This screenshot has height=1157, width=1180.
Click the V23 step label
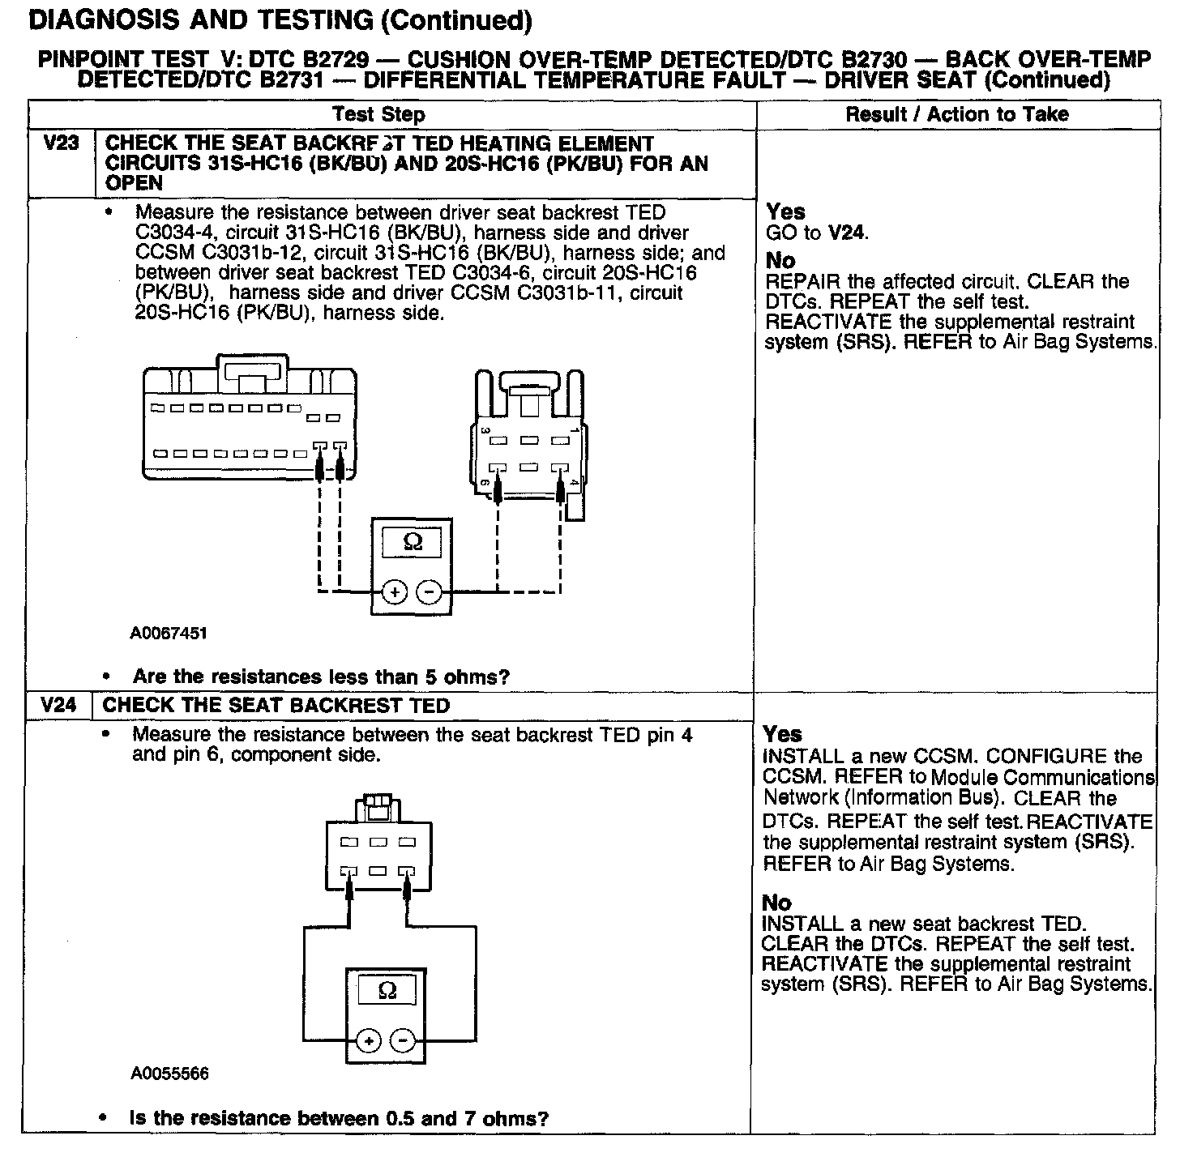pyautogui.click(x=61, y=144)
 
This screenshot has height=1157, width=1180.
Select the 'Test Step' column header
pyautogui.click(x=378, y=114)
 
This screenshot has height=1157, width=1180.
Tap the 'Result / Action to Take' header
pyautogui.click(x=957, y=114)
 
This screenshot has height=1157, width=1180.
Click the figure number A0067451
pyautogui.click(x=169, y=633)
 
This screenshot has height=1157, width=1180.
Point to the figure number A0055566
pyautogui.click(x=169, y=1074)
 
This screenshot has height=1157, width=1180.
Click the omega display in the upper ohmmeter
pyautogui.click(x=413, y=542)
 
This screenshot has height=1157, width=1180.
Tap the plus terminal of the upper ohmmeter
pyautogui.click(x=395, y=592)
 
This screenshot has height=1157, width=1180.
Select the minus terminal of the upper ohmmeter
pyautogui.click(x=430, y=592)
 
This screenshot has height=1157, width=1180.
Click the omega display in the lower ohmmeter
pyautogui.click(x=387, y=990)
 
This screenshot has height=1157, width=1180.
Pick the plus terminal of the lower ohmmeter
pyautogui.click(x=369, y=1041)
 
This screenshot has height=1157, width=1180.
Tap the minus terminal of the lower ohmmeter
pyautogui.click(x=404, y=1041)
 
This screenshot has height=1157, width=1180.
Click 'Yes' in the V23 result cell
pyautogui.click(x=785, y=212)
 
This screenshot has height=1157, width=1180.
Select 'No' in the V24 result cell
pyautogui.click(x=776, y=903)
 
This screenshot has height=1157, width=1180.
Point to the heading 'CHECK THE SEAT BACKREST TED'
pyautogui.click(x=276, y=705)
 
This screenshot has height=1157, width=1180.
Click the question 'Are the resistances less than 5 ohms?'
pyautogui.click(x=321, y=677)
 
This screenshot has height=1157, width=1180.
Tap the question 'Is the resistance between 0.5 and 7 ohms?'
pyautogui.click(x=339, y=1119)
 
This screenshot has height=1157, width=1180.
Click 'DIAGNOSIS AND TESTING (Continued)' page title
pyautogui.click(x=280, y=21)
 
